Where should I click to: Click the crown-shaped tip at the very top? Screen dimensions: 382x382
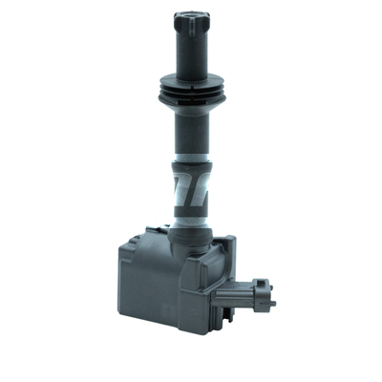(191, 19)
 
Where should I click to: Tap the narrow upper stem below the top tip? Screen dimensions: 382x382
(191, 53)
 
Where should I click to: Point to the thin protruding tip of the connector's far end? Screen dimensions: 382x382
(273, 304)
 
